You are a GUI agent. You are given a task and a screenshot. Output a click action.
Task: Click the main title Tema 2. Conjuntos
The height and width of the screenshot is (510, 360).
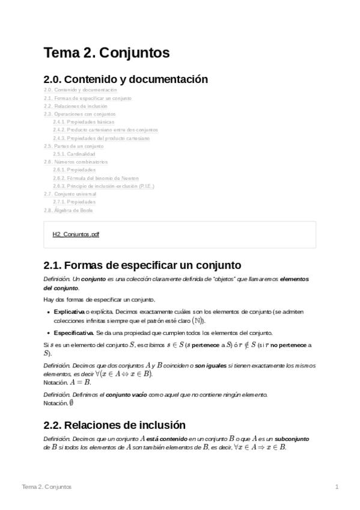tap(106, 53)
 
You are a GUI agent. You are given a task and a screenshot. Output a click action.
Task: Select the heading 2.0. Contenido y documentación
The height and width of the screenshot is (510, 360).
tap(126, 79)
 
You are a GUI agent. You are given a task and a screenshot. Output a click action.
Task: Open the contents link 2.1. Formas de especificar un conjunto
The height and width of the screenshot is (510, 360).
tap(87, 97)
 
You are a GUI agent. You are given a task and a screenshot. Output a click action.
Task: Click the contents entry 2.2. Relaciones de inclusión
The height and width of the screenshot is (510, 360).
tap(75, 105)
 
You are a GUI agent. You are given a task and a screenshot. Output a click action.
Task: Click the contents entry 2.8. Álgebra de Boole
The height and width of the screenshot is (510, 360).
tap(68, 210)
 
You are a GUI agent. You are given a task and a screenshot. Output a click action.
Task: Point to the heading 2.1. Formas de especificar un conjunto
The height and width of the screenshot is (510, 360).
tap(142, 265)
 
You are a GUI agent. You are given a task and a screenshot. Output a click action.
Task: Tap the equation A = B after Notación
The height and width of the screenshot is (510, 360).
tap(79, 381)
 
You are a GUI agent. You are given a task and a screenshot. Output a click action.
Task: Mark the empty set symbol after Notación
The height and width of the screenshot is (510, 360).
tap(71, 402)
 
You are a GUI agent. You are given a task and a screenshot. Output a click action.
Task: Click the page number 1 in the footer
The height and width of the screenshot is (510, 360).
tap(337, 486)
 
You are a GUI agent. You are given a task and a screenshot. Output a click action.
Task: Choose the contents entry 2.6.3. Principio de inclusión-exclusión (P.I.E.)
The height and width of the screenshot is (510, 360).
tap(103, 186)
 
